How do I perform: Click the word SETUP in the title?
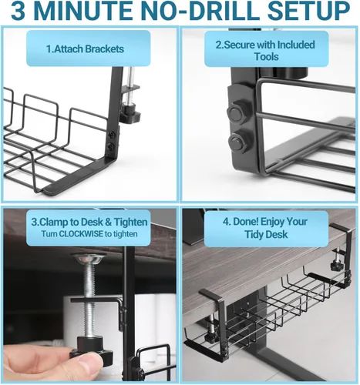click(308, 11)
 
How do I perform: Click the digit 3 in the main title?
click(18, 11)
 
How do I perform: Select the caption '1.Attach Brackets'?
click(85, 49)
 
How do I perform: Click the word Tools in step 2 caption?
click(266, 56)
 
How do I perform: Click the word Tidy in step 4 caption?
click(255, 235)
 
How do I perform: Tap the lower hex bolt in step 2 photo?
click(237, 142)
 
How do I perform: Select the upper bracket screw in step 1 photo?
click(111, 134)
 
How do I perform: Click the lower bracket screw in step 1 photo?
click(111, 146)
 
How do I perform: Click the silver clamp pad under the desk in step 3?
click(88, 258)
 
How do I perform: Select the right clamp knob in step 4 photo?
click(337, 265)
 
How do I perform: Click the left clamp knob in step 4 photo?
click(211, 336)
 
